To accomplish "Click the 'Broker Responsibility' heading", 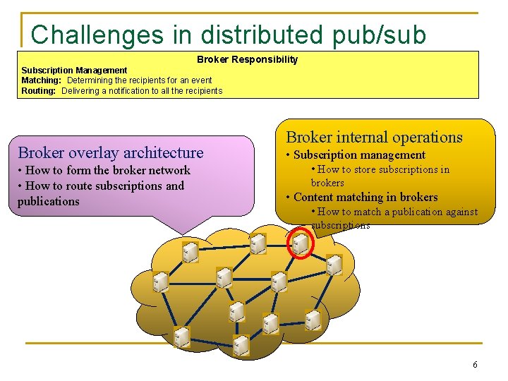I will click(x=247, y=59).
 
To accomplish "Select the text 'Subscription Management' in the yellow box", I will click(x=74, y=70).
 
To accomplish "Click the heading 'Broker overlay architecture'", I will click(x=111, y=152).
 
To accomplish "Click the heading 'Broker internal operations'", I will click(x=374, y=137).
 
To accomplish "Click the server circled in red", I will click(x=300, y=245).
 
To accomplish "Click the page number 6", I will click(x=475, y=365).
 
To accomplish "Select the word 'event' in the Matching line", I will click(x=200, y=80).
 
